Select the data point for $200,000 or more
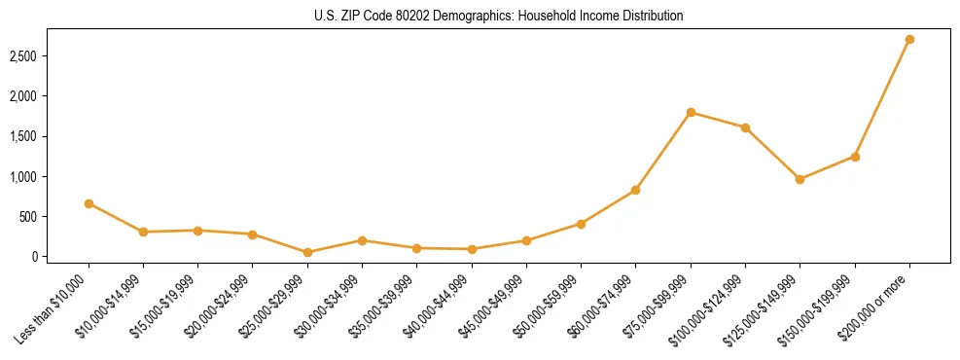(x=909, y=40)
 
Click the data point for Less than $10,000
(x=89, y=203)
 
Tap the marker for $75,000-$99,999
(x=691, y=113)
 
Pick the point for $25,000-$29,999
(x=307, y=252)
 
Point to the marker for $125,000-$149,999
(x=800, y=179)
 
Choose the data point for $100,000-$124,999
(x=745, y=127)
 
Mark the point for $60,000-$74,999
(x=635, y=190)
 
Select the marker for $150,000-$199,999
(x=855, y=157)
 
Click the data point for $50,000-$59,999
(x=581, y=224)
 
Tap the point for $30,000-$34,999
(x=362, y=240)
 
